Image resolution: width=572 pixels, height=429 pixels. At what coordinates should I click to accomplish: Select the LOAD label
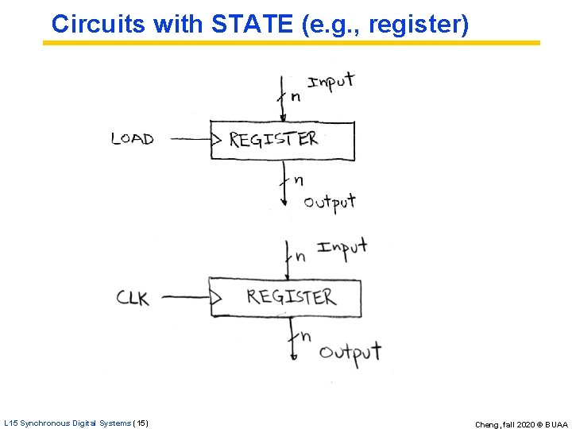(133, 138)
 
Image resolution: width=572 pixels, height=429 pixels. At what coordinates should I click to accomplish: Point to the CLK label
(133, 298)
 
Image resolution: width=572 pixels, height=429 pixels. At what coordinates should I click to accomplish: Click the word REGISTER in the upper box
(273, 140)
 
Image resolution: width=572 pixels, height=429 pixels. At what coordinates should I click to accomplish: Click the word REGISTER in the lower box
(291, 297)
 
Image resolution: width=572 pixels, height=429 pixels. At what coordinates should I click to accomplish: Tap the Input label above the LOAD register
(330, 82)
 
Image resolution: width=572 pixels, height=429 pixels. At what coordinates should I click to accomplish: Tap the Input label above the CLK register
(342, 247)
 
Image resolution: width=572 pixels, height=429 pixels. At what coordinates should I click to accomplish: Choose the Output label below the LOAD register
(329, 203)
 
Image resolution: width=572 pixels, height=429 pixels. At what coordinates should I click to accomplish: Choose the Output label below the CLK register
(350, 351)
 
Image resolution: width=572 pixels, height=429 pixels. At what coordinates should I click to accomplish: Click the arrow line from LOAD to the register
(190, 139)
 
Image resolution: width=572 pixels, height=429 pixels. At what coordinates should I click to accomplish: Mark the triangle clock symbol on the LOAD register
(215, 140)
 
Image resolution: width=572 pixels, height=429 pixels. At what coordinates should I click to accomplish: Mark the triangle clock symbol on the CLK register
(214, 298)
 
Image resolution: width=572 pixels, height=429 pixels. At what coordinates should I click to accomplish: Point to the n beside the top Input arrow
(296, 97)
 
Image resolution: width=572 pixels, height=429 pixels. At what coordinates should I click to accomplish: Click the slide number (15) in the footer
(141, 423)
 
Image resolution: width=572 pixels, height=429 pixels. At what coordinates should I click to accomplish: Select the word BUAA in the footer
(556, 424)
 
